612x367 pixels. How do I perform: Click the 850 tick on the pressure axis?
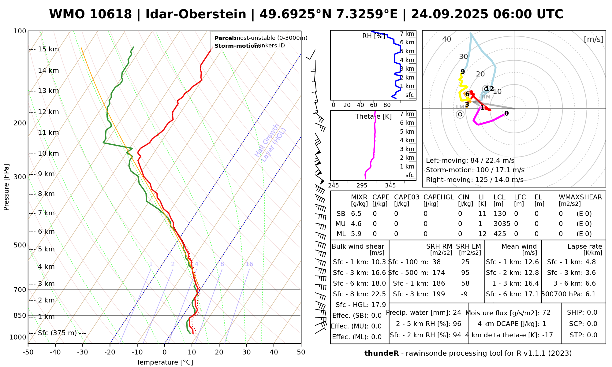point(20,315)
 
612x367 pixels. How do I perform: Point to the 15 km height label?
point(48,49)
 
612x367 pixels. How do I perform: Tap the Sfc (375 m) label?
point(57,333)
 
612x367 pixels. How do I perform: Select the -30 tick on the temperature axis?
point(83,352)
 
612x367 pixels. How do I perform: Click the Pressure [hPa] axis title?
point(6,187)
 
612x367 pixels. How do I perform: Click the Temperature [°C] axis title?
point(165,362)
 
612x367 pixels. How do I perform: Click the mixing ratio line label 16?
point(249,264)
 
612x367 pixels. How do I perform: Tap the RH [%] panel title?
point(374,36)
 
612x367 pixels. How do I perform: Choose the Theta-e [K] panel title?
point(373,117)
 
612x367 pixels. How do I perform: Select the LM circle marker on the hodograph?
point(460,114)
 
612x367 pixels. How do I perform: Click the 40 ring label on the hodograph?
point(447,39)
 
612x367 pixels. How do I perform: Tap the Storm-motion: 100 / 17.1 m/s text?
point(475,170)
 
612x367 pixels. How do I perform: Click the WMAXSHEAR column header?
point(580,197)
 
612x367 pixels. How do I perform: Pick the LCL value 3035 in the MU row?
point(502,224)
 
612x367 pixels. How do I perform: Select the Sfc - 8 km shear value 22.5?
point(379,294)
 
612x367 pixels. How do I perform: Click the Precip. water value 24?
point(457,313)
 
